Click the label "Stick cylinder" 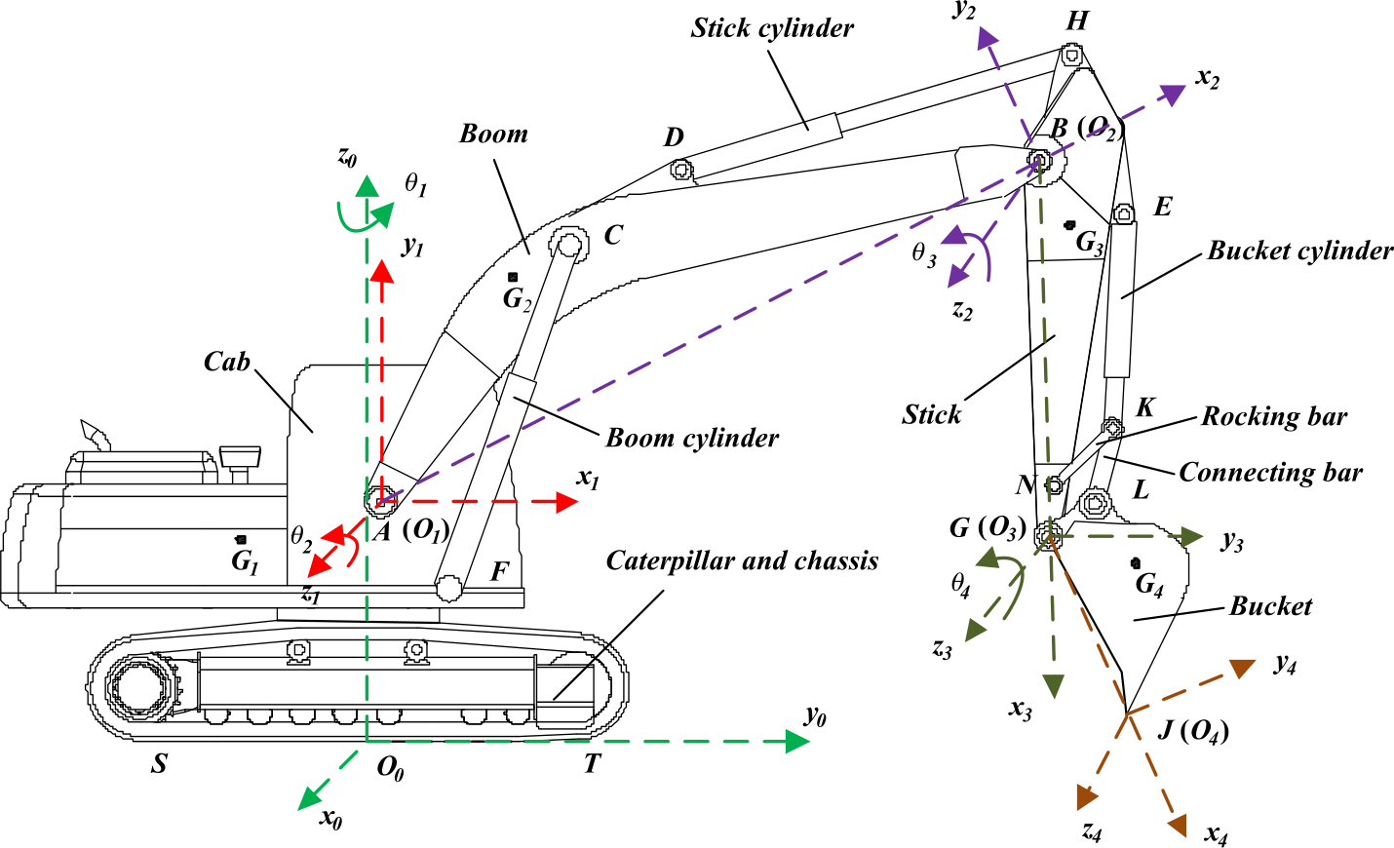click(x=772, y=28)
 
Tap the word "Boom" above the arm click(x=493, y=134)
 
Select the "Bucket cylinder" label click(x=1299, y=251)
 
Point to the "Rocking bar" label click(x=1273, y=417)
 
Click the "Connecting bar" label click(x=1270, y=473)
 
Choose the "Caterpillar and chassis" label click(x=742, y=560)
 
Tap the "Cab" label click(x=226, y=362)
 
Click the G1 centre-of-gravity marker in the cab click(x=241, y=539)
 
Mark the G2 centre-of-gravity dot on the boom click(x=513, y=278)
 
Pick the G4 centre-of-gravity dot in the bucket click(x=1136, y=562)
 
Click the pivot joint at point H click(x=1071, y=56)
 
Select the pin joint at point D click(x=681, y=171)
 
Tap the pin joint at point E click(x=1124, y=213)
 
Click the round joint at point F click(x=449, y=588)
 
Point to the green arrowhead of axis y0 click(x=798, y=741)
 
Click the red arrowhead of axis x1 click(x=567, y=502)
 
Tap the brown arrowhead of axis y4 click(x=1242, y=668)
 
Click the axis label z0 click(x=347, y=156)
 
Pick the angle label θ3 click(x=924, y=254)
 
